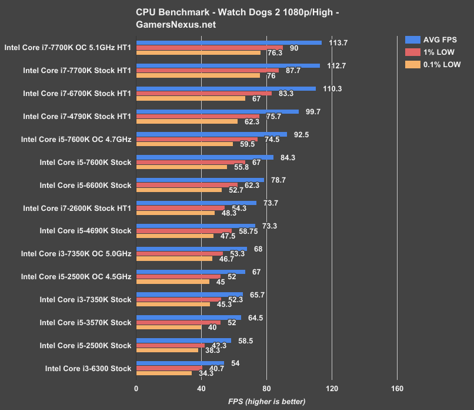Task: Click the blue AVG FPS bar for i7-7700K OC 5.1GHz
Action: pyautogui.click(x=229, y=42)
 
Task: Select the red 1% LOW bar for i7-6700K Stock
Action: pyautogui.click(x=204, y=93)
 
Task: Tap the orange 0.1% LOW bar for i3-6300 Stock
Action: pyautogui.click(x=164, y=373)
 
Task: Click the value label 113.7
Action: pyautogui.click(x=338, y=42)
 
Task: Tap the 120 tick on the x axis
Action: pyautogui.click(x=332, y=388)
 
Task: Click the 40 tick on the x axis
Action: pyautogui.click(x=201, y=388)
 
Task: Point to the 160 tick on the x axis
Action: pyautogui.click(x=397, y=388)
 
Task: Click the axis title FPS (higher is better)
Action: pyautogui.click(x=266, y=401)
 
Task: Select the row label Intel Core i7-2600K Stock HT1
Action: pyautogui.click(x=76, y=208)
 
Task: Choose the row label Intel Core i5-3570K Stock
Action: pyautogui.click(x=85, y=322)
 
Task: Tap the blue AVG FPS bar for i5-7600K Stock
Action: pyautogui.click(x=205, y=157)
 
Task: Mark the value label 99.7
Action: pyautogui.click(x=310, y=111)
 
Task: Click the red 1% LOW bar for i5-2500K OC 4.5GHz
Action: pyautogui.click(x=178, y=276)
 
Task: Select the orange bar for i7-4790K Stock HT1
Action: pyautogui.click(x=187, y=121)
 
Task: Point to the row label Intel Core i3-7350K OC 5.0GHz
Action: pyautogui.click(x=76, y=254)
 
